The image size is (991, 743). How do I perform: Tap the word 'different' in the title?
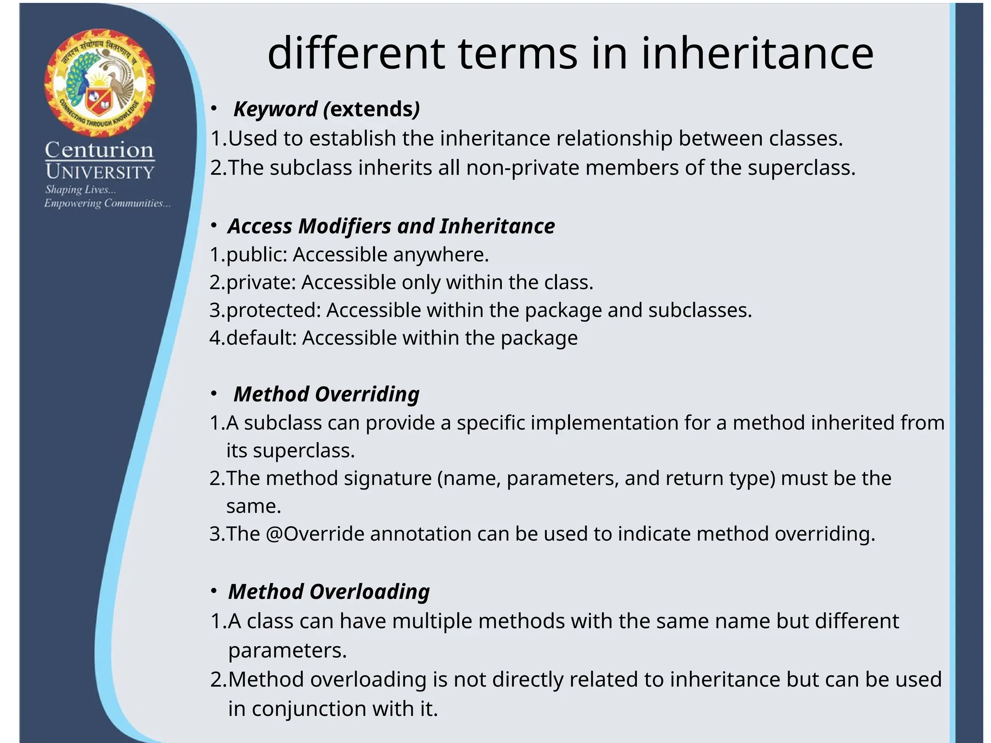click(x=356, y=54)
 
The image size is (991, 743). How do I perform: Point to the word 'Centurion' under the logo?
click(x=100, y=150)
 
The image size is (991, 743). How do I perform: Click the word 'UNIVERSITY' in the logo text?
click(x=100, y=172)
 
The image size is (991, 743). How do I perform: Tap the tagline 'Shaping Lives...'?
click(x=80, y=190)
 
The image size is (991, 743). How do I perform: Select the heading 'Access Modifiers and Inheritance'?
click(x=391, y=226)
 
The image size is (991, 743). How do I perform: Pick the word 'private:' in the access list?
click(x=261, y=282)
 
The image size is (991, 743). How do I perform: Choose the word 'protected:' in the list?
click(x=273, y=311)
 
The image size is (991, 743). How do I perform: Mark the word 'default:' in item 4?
click(x=261, y=338)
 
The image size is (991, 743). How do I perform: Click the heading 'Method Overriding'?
click(x=327, y=394)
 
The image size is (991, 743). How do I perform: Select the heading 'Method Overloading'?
click(x=329, y=592)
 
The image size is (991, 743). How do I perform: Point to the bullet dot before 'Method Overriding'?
click(x=214, y=394)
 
